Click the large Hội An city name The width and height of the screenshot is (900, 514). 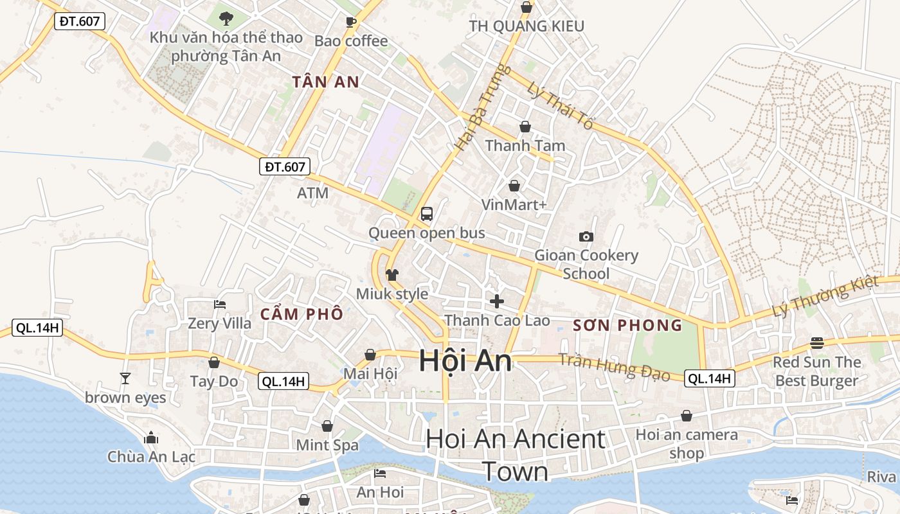pyautogui.click(x=465, y=361)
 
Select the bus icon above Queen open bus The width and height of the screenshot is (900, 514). pyautogui.click(x=427, y=214)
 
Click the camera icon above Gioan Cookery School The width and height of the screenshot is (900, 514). pyautogui.click(x=586, y=236)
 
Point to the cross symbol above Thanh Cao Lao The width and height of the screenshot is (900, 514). pyautogui.click(x=496, y=301)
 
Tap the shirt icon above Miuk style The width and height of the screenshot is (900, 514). pyautogui.click(x=392, y=275)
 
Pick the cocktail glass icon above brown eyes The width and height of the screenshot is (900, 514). pyautogui.click(x=125, y=378)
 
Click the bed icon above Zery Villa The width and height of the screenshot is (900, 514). pyautogui.click(x=220, y=304)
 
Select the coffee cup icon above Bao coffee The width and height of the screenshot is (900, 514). pyautogui.click(x=351, y=22)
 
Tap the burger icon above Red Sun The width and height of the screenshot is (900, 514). pyautogui.click(x=817, y=343)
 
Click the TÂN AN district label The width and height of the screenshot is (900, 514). pyautogui.click(x=325, y=82)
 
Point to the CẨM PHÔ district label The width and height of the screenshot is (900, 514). pyautogui.click(x=301, y=315)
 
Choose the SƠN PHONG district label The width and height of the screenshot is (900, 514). pyautogui.click(x=627, y=325)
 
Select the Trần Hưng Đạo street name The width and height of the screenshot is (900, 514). pyautogui.click(x=614, y=367)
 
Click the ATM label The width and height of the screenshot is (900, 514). pyautogui.click(x=312, y=193)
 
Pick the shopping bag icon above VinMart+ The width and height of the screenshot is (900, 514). pyautogui.click(x=514, y=186)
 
